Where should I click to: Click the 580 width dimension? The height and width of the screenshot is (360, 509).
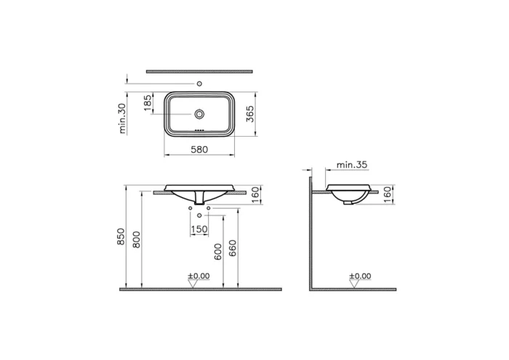[x=200, y=149]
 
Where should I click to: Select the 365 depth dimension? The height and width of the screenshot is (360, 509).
[x=249, y=114]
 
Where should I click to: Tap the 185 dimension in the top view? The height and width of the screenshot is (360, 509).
[x=148, y=103]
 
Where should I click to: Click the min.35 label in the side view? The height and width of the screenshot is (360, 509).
[x=352, y=165]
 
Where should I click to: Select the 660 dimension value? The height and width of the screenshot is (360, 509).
[x=233, y=252]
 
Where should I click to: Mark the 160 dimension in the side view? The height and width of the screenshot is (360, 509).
[x=388, y=194]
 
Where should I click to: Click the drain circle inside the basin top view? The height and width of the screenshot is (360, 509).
[x=200, y=114]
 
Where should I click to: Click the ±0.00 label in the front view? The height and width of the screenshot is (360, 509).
[x=198, y=276]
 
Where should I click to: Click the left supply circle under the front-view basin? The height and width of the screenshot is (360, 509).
[x=191, y=209]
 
